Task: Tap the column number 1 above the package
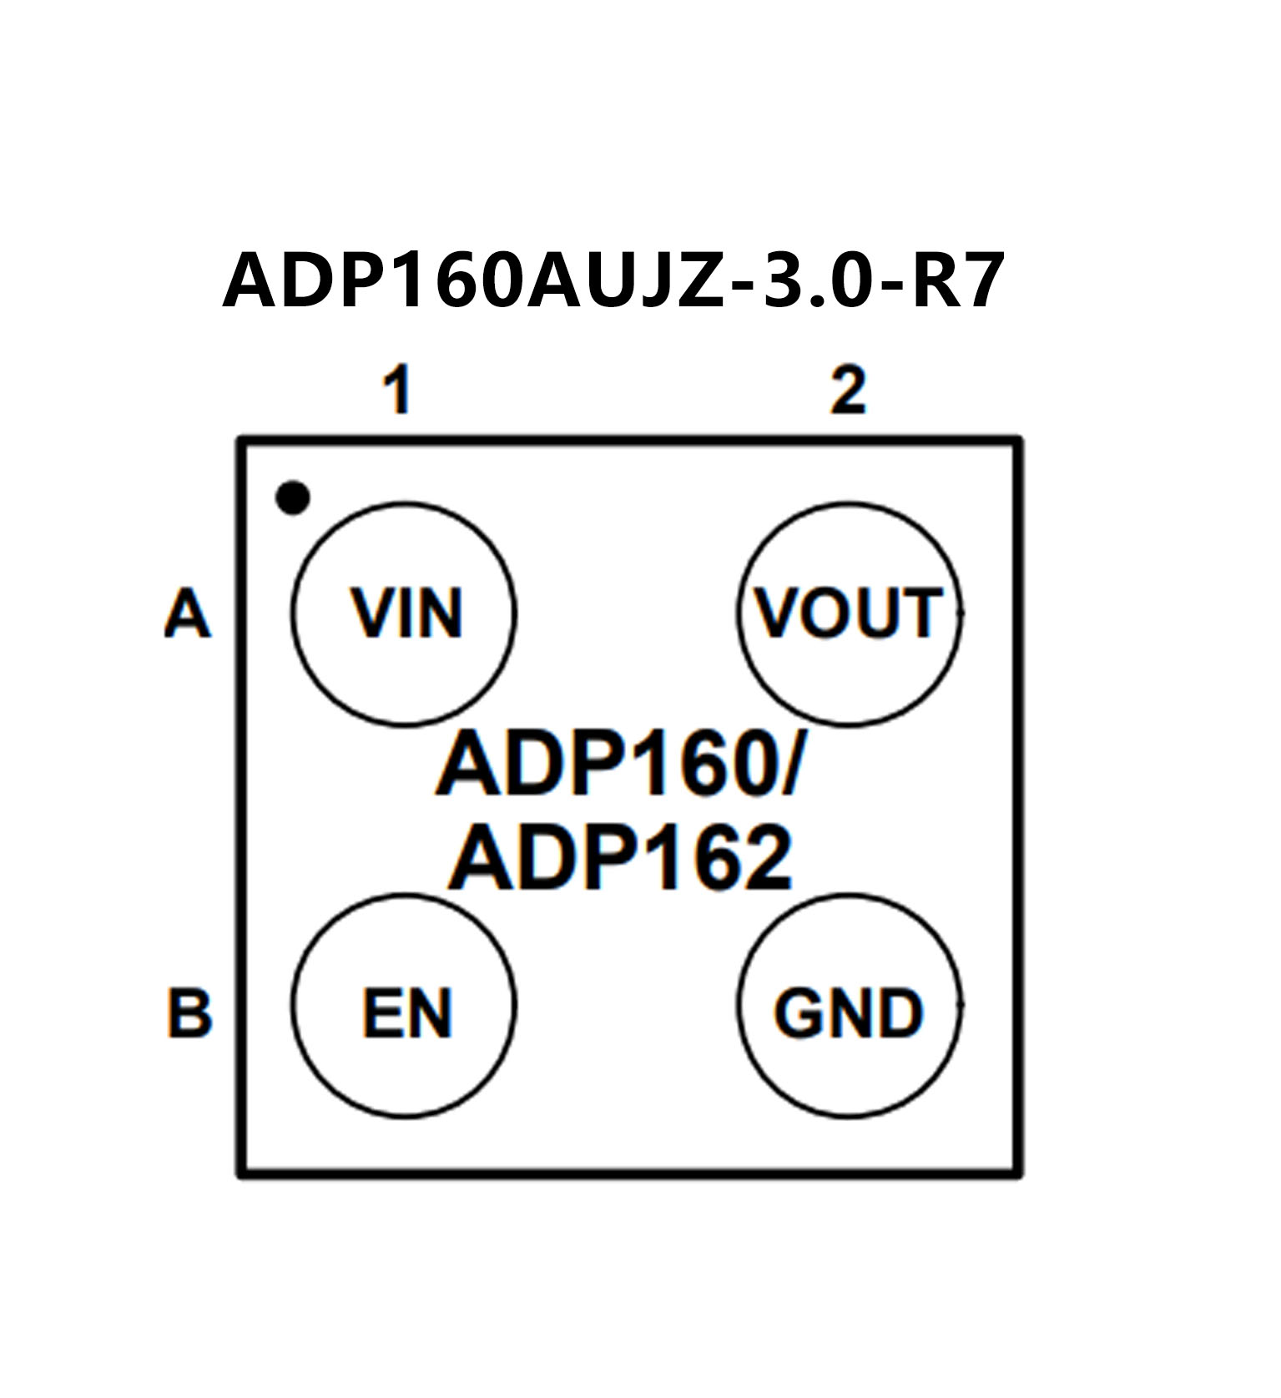[x=397, y=391]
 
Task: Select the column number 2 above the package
[x=848, y=391]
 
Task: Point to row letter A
[x=187, y=614]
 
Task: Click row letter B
[x=189, y=1013]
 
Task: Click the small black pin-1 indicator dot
[x=292, y=498]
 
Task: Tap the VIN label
[x=406, y=614]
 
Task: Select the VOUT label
[x=849, y=614]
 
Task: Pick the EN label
[x=406, y=1013]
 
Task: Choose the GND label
[x=849, y=1013]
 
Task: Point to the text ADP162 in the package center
[x=621, y=859]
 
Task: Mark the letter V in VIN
[x=371, y=614]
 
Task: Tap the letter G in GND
[x=798, y=1013]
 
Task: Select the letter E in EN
[x=382, y=1013]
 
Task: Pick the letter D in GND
[x=900, y=1013]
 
